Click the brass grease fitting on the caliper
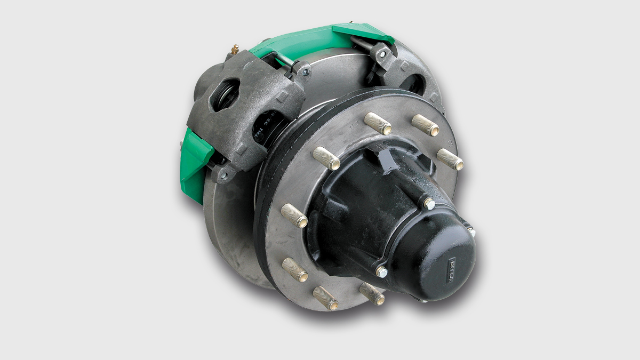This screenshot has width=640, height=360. pyautogui.click(x=234, y=50)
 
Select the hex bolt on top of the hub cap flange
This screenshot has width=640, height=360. pyautogui.click(x=428, y=203)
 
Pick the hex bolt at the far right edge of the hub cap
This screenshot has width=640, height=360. pyautogui.click(x=470, y=231)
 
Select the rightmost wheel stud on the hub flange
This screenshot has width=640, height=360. pyautogui.click(x=451, y=159)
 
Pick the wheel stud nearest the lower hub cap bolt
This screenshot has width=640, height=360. pyautogui.click(x=372, y=294)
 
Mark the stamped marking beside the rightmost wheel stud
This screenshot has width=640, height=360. pyautogui.click(x=452, y=143)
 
